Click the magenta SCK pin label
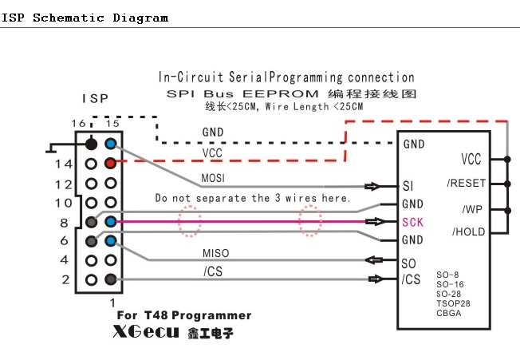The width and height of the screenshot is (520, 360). click(x=413, y=222)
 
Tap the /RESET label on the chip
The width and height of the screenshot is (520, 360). click(x=466, y=183)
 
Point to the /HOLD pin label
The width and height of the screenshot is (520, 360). click(x=468, y=232)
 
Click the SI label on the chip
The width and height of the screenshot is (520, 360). click(x=408, y=187)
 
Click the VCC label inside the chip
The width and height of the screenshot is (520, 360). click(x=471, y=159)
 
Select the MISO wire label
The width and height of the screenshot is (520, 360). click(x=215, y=253)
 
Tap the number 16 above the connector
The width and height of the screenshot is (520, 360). click(x=77, y=124)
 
